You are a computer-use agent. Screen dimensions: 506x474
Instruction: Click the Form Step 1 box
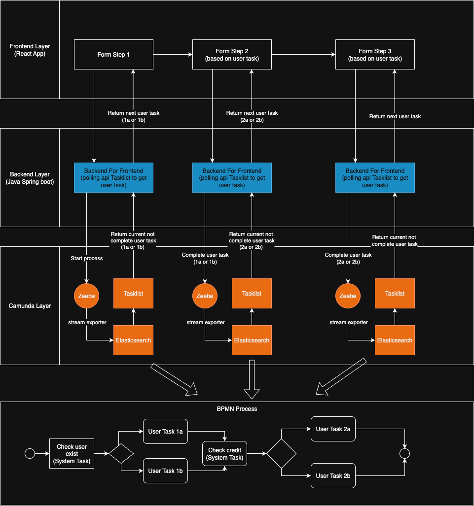click(x=113, y=55)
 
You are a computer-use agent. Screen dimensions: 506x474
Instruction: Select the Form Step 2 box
click(x=232, y=55)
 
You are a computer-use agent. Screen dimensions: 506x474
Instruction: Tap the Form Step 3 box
click(x=375, y=55)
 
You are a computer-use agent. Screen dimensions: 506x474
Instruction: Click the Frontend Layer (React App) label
click(x=30, y=50)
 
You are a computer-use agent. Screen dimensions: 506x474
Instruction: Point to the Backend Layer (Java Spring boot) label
click(x=30, y=178)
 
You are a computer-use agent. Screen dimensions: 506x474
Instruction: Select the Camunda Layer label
click(x=30, y=306)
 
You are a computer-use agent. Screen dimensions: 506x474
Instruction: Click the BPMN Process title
click(x=237, y=409)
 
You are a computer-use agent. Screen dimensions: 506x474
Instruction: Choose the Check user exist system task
click(x=72, y=453)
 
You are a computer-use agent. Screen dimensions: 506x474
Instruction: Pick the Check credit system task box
click(x=224, y=454)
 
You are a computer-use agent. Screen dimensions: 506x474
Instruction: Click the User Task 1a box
click(x=165, y=431)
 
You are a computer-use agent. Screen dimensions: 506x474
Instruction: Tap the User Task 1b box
click(x=165, y=471)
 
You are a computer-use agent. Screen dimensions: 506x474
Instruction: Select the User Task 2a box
click(x=333, y=429)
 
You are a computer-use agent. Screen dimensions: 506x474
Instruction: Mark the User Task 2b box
click(x=333, y=475)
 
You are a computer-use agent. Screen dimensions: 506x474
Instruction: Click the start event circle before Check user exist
click(x=30, y=453)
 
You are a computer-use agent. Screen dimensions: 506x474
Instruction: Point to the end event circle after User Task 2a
click(x=405, y=453)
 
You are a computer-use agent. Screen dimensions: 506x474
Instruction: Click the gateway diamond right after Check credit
click(x=281, y=453)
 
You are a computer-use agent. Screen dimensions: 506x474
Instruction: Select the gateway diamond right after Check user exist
click(x=121, y=453)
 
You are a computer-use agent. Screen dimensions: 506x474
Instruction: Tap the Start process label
click(x=87, y=258)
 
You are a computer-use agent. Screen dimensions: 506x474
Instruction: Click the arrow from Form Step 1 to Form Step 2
click(x=173, y=55)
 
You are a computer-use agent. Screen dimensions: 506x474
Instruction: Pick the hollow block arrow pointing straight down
click(x=252, y=379)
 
